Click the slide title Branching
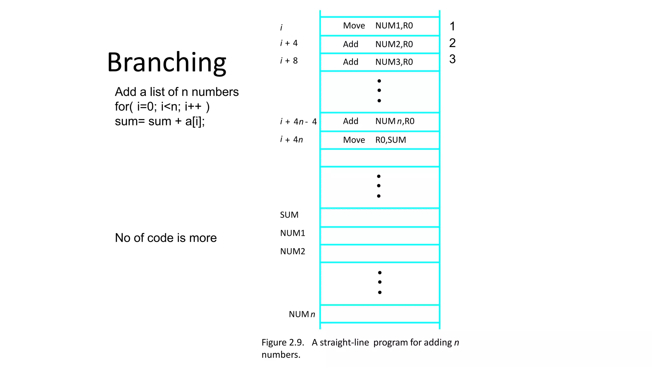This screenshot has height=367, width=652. (167, 62)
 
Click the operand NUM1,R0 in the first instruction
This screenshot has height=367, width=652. (394, 26)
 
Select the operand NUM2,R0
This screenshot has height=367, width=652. (394, 44)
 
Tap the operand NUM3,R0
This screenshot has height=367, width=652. (394, 62)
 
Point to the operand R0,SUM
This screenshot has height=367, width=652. (391, 140)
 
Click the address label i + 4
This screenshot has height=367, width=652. (289, 43)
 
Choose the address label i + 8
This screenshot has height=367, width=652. (289, 61)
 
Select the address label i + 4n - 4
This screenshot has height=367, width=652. (298, 122)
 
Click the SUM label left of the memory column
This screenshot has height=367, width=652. (289, 215)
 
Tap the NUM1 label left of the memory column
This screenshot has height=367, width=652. (293, 233)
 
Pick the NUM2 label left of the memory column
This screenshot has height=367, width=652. (293, 251)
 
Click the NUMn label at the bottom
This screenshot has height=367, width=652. (302, 314)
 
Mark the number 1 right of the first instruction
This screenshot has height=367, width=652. (452, 26)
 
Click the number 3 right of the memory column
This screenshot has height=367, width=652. (452, 59)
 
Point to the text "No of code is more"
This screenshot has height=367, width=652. (166, 238)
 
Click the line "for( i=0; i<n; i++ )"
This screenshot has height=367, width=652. (162, 107)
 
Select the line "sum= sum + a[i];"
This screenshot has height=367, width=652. (159, 121)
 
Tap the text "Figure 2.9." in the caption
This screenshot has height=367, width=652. (283, 342)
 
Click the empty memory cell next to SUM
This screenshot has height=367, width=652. (380, 218)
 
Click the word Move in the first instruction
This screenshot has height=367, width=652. (354, 26)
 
